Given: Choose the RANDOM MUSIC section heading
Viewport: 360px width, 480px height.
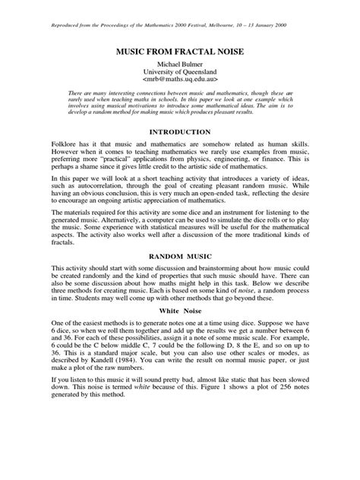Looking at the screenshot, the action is point(180,257).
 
